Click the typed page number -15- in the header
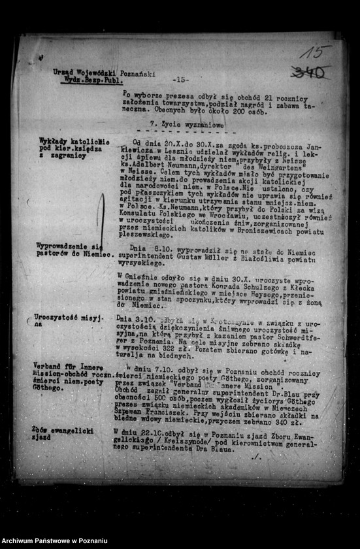pyautogui.click(x=180, y=80)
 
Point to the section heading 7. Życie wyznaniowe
pyautogui.click(x=187, y=124)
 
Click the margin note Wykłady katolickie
pyautogui.click(x=74, y=141)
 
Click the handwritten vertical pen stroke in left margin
pyautogui.click(x=101, y=221)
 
